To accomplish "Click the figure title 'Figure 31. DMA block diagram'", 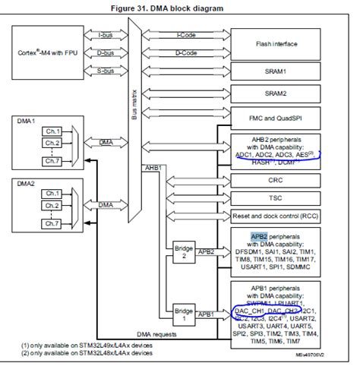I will tap(180, 8).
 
